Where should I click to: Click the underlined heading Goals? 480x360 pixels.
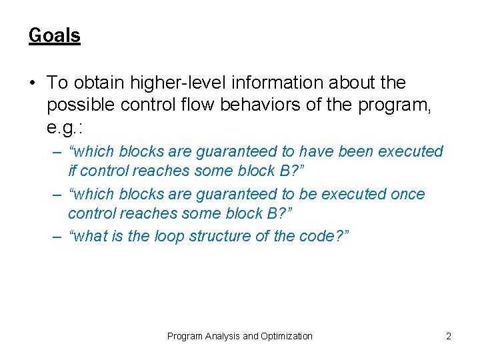pos(54,35)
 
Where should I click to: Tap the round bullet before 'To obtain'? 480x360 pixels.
pos(33,83)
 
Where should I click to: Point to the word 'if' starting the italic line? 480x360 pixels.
pos(72,170)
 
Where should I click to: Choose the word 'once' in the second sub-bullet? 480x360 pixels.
pos(406,194)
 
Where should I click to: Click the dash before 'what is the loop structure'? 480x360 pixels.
pos(58,236)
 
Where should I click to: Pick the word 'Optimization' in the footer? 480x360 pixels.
pos(287,336)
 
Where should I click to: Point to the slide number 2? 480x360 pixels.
pos(448,336)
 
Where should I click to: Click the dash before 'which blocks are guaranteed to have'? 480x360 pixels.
pos(58,151)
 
